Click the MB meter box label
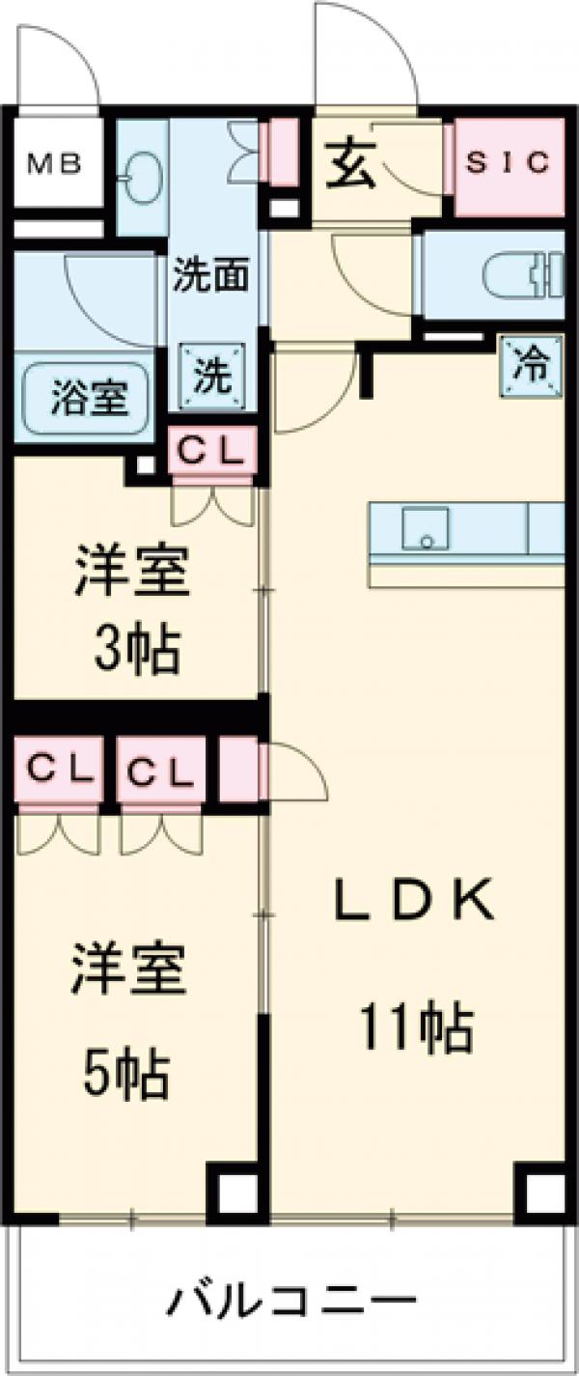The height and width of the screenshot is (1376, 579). [x=55, y=164]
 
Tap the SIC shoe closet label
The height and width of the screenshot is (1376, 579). [x=508, y=163]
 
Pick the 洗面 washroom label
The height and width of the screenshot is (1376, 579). [x=210, y=274]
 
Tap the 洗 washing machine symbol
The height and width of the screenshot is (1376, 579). [x=212, y=376]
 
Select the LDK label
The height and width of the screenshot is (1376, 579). [x=414, y=901]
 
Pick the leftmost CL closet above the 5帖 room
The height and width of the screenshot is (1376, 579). [x=58, y=769]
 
